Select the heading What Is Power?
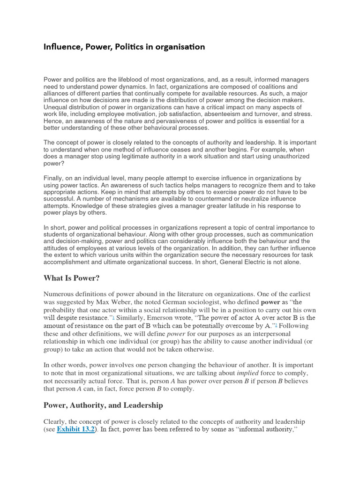(x=72, y=278)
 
